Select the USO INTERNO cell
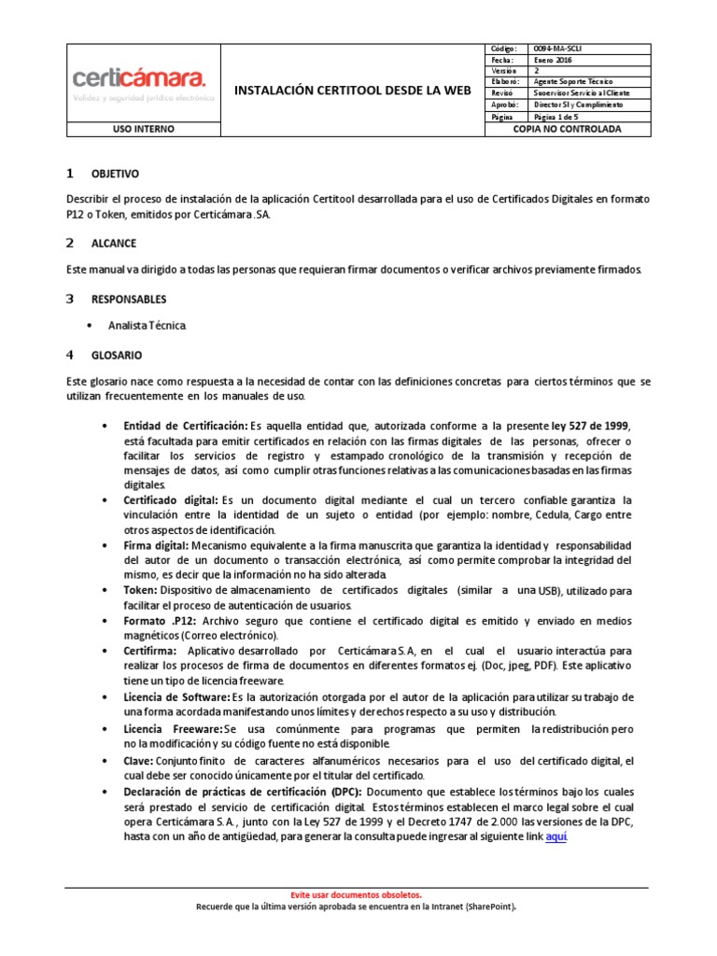click(143, 130)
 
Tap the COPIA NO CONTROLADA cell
click(567, 130)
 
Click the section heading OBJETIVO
click(115, 175)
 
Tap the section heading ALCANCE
click(113, 244)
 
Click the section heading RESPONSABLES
click(129, 300)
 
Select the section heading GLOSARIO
click(117, 356)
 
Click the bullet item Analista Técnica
click(148, 326)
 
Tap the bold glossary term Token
click(140, 591)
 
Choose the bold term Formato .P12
click(161, 621)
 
